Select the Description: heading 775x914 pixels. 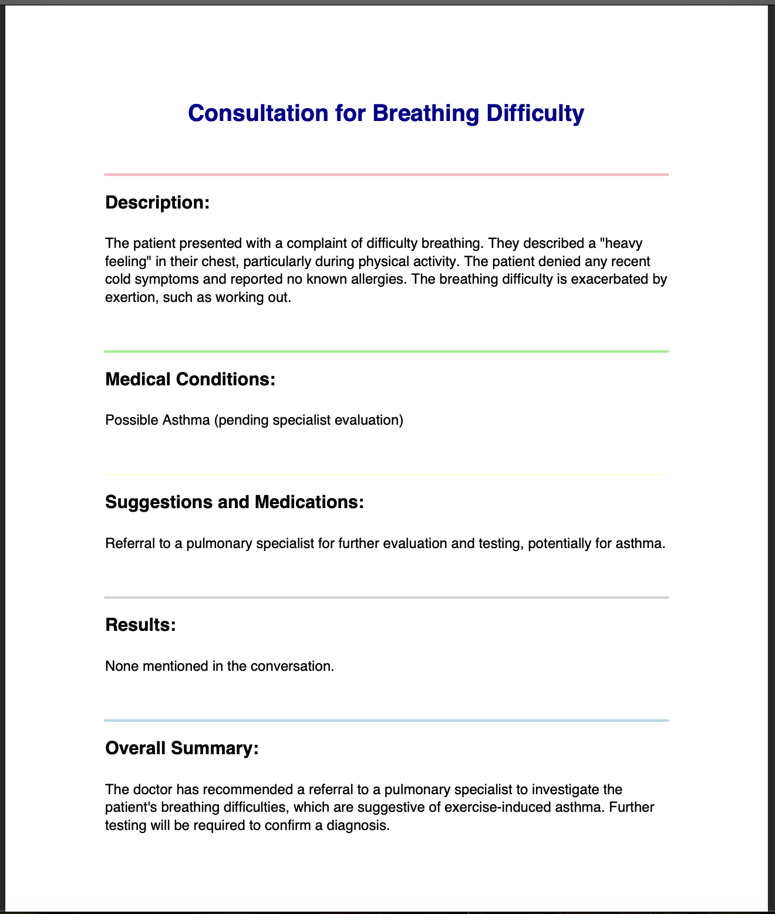(x=157, y=203)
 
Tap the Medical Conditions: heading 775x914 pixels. (x=190, y=379)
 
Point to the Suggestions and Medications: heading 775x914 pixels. (x=234, y=502)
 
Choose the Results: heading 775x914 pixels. (x=140, y=625)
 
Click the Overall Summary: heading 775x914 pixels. (x=181, y=748)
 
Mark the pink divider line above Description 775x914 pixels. (x=386, y=174)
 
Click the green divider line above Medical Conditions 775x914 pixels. (x=386, y=351)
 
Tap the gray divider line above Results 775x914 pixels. (x=386, y=597)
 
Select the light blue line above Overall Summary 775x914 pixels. (x=386, y=720)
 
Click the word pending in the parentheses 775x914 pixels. (x=243, y=421)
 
